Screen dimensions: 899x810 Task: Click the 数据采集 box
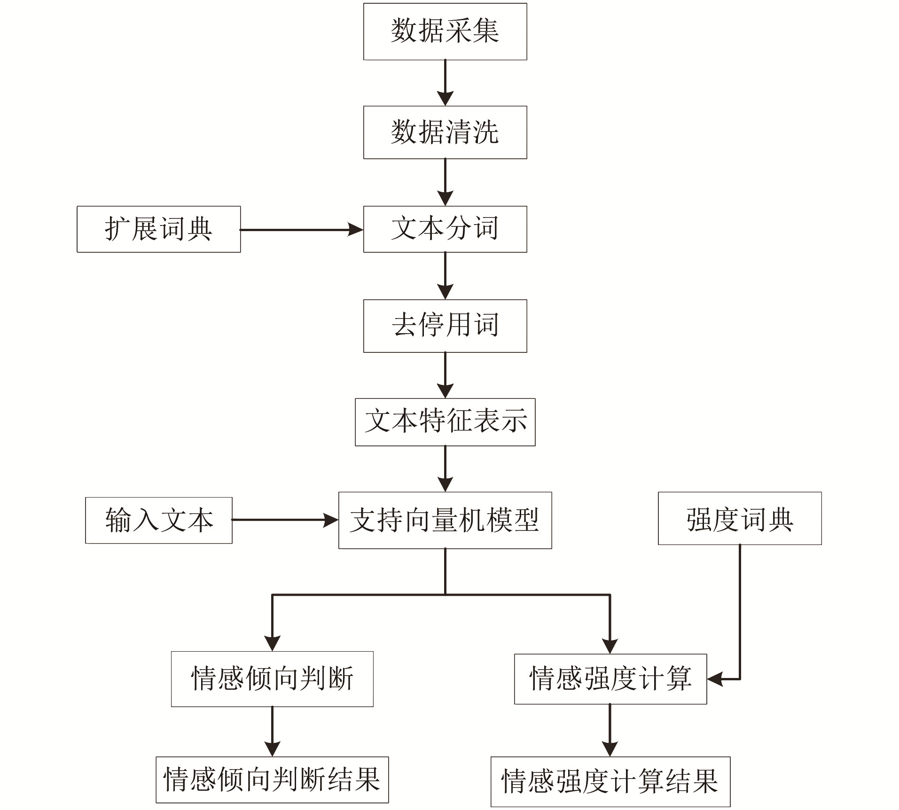[445, 31]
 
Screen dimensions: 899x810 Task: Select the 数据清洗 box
[445, 132]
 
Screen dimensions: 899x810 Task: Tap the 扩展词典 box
[159, 229]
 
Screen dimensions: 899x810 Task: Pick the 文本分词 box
[445, 229]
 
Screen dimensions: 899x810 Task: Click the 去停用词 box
[445, 326]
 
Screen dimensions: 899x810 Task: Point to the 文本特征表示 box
[445, 422]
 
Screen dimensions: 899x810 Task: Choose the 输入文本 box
[159, 520]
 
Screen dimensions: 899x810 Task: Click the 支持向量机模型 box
[445, 520]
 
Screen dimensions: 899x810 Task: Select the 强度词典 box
[740, 518]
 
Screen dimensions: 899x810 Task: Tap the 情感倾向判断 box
[272, 679]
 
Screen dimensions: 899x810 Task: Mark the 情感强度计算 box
[610, 679]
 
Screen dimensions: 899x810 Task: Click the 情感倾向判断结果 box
[272, 779]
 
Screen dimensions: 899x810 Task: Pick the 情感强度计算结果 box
[610, 781]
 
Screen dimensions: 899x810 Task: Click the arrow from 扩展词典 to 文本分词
[302, 230]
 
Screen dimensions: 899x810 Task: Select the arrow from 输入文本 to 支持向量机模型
[285, 520]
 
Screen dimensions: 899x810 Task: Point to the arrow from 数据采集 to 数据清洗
[445, 83]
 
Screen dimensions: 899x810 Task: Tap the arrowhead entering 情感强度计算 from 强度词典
[715, 679]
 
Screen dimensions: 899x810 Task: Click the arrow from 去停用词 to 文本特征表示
[445, 375]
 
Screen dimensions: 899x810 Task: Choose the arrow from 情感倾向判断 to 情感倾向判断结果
[272, 732]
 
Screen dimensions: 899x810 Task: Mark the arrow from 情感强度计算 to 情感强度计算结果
[610, 730]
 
